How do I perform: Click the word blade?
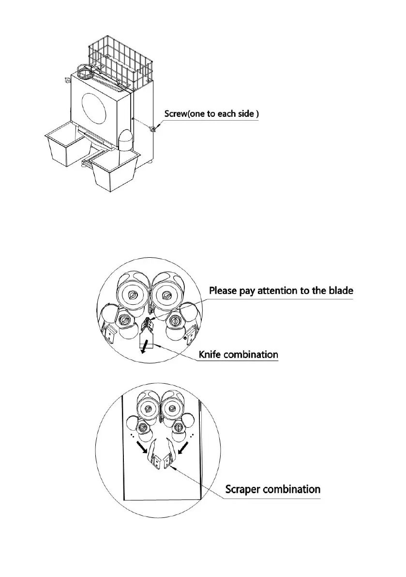(341, 291)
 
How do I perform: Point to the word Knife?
(211, 354)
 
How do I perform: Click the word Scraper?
(245, 489)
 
